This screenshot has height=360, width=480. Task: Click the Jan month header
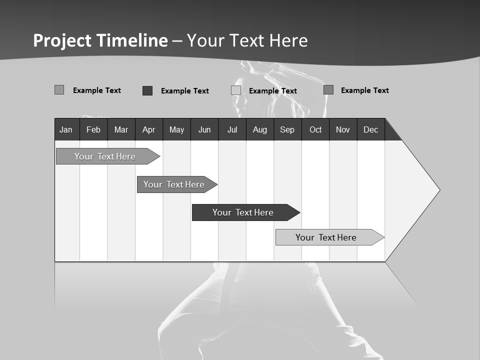pyautogui.click(x=66, y=129)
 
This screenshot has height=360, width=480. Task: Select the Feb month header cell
pyautogui.click(x=93, y=129)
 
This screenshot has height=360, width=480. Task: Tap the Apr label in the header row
pyautogui.click(x=148, y=129)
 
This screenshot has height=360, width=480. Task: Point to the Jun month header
pyautogui.click(x=204, y=129)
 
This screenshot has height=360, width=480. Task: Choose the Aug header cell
pyautogui.click(x=260, y=129)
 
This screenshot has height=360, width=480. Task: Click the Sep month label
pyautogui.click(x=287, y=129)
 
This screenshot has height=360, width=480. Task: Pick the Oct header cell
pyautogui.click(x=315, y=129)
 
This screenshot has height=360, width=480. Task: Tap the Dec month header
pyautogui.click(x=371, y=129)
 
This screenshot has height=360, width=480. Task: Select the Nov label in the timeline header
pyautogui.click(x=343, y=129)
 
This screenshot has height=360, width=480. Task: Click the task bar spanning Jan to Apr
pyautogui.click(x=105, y=156)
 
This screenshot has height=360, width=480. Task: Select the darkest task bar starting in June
pyautogui.click(x=243, y=212)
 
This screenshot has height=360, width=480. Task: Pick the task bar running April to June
pyautogui.click(x=174, y=184)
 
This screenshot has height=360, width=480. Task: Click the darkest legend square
pyautogui.click(x=147, y=90)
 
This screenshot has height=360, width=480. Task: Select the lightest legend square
pyautogui.click(x=236, y=90)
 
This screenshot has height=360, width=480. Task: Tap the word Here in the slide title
pyautogui.click(x=288, y=40)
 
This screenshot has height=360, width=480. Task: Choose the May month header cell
pyautogui.click(x=176, y=129)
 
